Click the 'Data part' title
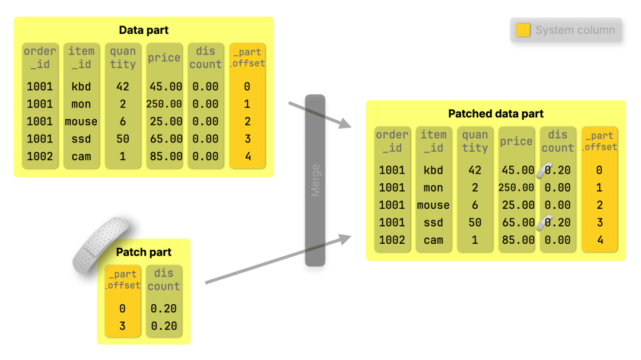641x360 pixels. [x=144, y=30]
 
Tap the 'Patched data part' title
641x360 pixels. [x=496, y=114]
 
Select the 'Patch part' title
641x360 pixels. [x=144, y=252]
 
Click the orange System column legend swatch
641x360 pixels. [x=523, y=30]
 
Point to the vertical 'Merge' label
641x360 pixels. [x=315, y=180]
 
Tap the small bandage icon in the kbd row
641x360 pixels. [x=544, y=170]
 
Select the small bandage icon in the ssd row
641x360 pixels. [x=544, y=222]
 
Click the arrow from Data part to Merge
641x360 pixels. [x=320, y=115]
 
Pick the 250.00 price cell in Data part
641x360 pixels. [x=164, y=104]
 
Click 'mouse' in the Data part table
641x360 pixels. [x=81, y=122]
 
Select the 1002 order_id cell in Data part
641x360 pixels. [x=40, y=157]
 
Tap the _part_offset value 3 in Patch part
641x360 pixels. [x=122, y=326]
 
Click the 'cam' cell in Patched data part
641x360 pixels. [x=433, y=240]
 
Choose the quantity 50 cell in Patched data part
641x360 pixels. [x=475, y=222]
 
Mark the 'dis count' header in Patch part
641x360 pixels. [x=164, y=280]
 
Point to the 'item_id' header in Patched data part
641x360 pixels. [x=433, y=141]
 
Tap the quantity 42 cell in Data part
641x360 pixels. [x=123, y=87]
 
